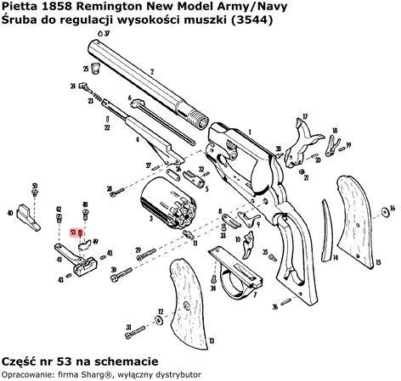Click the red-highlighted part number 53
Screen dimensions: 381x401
[x=74, y=231]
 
